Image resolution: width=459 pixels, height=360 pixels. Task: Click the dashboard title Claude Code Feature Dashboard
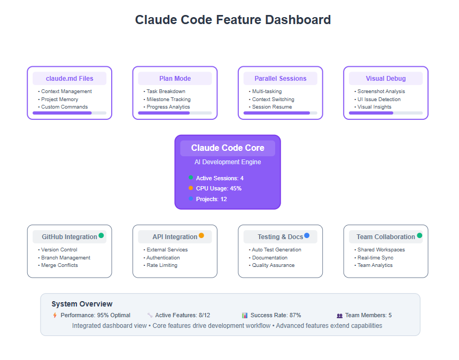[x=233, y=20]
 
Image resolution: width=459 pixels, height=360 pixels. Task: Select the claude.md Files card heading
[x=69, y=79]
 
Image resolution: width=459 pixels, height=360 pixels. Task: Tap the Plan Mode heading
[x=175, y=79]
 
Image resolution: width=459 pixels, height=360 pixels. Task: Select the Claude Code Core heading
[x=228, y=148]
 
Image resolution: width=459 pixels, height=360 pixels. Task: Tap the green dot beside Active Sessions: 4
[x=191, y=178]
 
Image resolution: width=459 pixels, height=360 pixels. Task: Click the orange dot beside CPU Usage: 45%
[x=191, y=188]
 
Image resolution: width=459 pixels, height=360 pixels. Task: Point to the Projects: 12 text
[x=212, y=199]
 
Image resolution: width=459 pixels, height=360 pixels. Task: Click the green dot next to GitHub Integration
[x=102, y=235]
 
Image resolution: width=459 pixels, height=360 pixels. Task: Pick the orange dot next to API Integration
[x=201, y=235]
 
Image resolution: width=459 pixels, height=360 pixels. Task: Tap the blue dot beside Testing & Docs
[x=307, y=235]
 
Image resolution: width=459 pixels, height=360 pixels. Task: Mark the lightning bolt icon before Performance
[x=55, y=315]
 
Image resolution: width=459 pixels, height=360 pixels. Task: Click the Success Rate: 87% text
[x=276, y=315]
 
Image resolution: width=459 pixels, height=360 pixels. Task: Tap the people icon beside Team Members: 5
[x=339, y=316]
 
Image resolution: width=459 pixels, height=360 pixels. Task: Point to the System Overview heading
[x=82, y=304]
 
